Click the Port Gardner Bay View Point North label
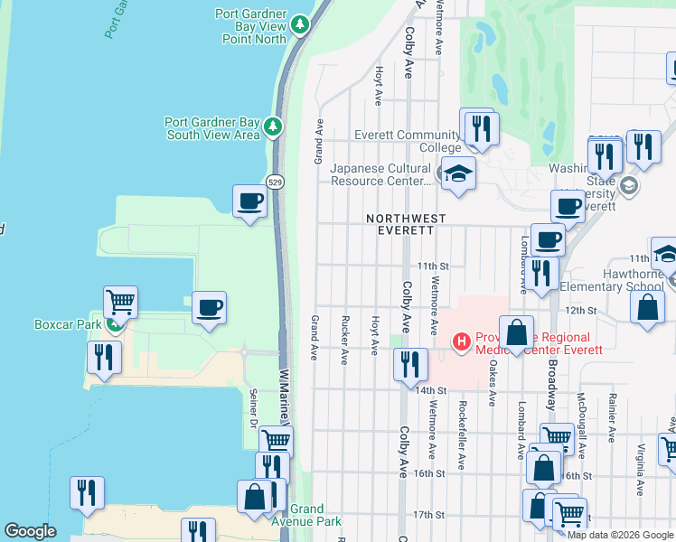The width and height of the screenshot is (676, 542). (x=250, y=27)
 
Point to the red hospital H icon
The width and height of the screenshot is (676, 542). (x=462, y=341)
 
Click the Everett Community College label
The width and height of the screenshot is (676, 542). (x=395, y=141)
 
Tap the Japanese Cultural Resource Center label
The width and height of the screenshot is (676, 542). (x=380, y=174)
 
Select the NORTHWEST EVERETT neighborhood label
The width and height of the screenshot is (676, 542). (x=406, y=224)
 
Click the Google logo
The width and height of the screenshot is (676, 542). (x=30, y=531)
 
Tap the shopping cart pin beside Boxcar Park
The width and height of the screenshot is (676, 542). (x=120, y=302)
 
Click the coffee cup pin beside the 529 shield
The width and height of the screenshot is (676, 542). (x=249, y=201)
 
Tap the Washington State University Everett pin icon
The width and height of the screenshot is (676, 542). (x=630, y=187)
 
